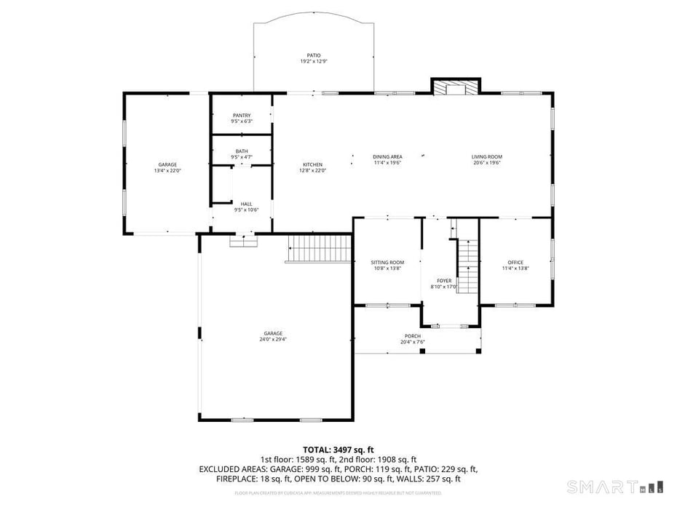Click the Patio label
(x=314, y=55)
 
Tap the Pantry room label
(x=242, y=116)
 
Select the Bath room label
(x=242, y=151)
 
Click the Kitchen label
(x=312, y=164)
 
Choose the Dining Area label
(x=387, y=156)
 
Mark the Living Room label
(x=486, y=156)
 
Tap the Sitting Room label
(x=387, y=262)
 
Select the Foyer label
(x=444, y=280)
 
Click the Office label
(x=515, y=262)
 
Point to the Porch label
(x=413, y=336)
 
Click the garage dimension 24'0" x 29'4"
(x=273, y=339)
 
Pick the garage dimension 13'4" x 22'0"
(x=167, y=171)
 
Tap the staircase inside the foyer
(x=467, y=266)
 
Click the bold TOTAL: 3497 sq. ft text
(x=338, y=450)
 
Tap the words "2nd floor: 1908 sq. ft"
(x=379, y=460)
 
